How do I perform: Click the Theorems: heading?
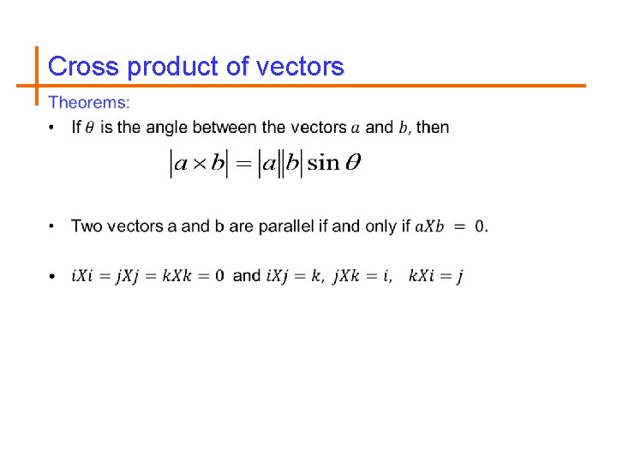click(x=90, y=104)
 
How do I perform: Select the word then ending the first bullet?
click(x=433, y=128)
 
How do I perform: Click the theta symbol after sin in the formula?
click(x=351, y=163)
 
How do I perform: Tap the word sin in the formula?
click(x=323, y=163)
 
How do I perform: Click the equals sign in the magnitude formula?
click(x=244, y=163)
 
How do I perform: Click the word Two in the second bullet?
click(x=87, y=226)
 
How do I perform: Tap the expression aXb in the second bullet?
click(x=429, y=227)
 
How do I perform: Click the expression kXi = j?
click(x=436, y=276)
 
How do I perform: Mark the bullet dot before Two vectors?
click(x=52, y=227)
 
